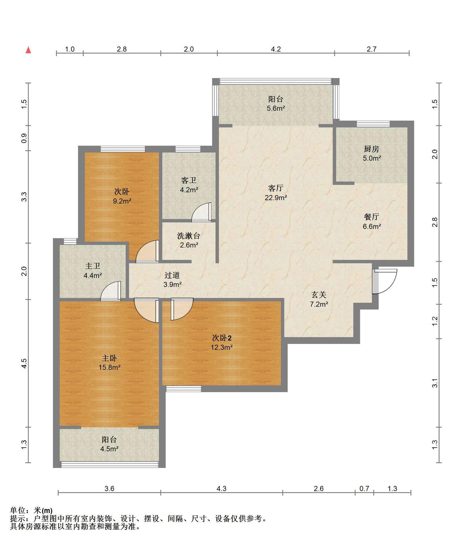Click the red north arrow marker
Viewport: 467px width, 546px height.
pyautogui.click(x=28, y=50)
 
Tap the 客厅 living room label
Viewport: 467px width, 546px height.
pyautogui.click(x=275, y=188)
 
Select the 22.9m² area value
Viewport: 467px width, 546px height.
pyautogui.click(x=276, y=197)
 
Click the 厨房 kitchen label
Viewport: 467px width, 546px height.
pyautogui.click(x=371, y=149)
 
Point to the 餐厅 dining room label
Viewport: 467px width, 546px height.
pyautogui.click(x=371, y=217)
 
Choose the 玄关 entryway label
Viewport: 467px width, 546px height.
pyautogui.click(x=319, y=295)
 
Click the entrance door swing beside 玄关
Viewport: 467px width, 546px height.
pyautogui.click(x=385, y=281)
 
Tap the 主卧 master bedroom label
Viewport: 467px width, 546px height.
pyautogui.click(x=109, y=358)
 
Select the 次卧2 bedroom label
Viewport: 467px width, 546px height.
pyautogui.click(x=222, y=338)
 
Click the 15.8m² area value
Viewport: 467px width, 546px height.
pyautogui.click(x=109, y=367)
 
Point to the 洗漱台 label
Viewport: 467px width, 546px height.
pyautogui.click(x=189, y=236)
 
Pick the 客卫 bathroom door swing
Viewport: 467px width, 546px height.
pyautogui.click(x=202, y=212)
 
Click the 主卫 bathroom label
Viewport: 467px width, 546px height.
pyautogui.click(x=93, y=266)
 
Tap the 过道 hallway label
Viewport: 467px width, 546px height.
pyautogui.click(x=172, y=275)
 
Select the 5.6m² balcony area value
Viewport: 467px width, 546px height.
pyautogui.click(x=276, y=108)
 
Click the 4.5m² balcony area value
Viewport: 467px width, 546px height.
pyautogui.click(x=109, y=449)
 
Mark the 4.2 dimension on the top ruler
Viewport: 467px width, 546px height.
pyautogui.click(x=276, y=49)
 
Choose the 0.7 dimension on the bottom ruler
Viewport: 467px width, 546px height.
pyautogui.click(x=364, y=489)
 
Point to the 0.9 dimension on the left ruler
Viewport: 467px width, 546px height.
pyautogui.click(x=24, y=138)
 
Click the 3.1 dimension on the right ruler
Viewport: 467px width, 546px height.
pyautogui.click(x=435, y=383)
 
